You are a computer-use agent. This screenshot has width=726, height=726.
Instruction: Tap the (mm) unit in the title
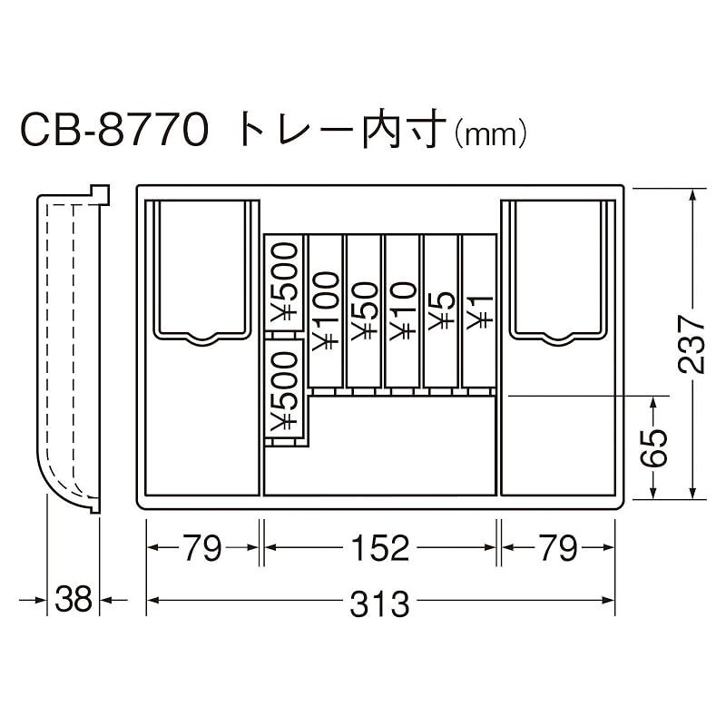(489, 135)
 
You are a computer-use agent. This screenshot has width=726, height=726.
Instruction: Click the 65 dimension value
(655, 447)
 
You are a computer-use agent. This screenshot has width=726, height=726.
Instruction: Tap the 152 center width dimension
(378, 548)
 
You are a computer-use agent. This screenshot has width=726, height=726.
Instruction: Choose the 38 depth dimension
(73, 601)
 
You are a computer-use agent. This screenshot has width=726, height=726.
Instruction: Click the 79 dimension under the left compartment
(202, 548)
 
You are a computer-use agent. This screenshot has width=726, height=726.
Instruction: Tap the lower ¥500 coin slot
(283, 390)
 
